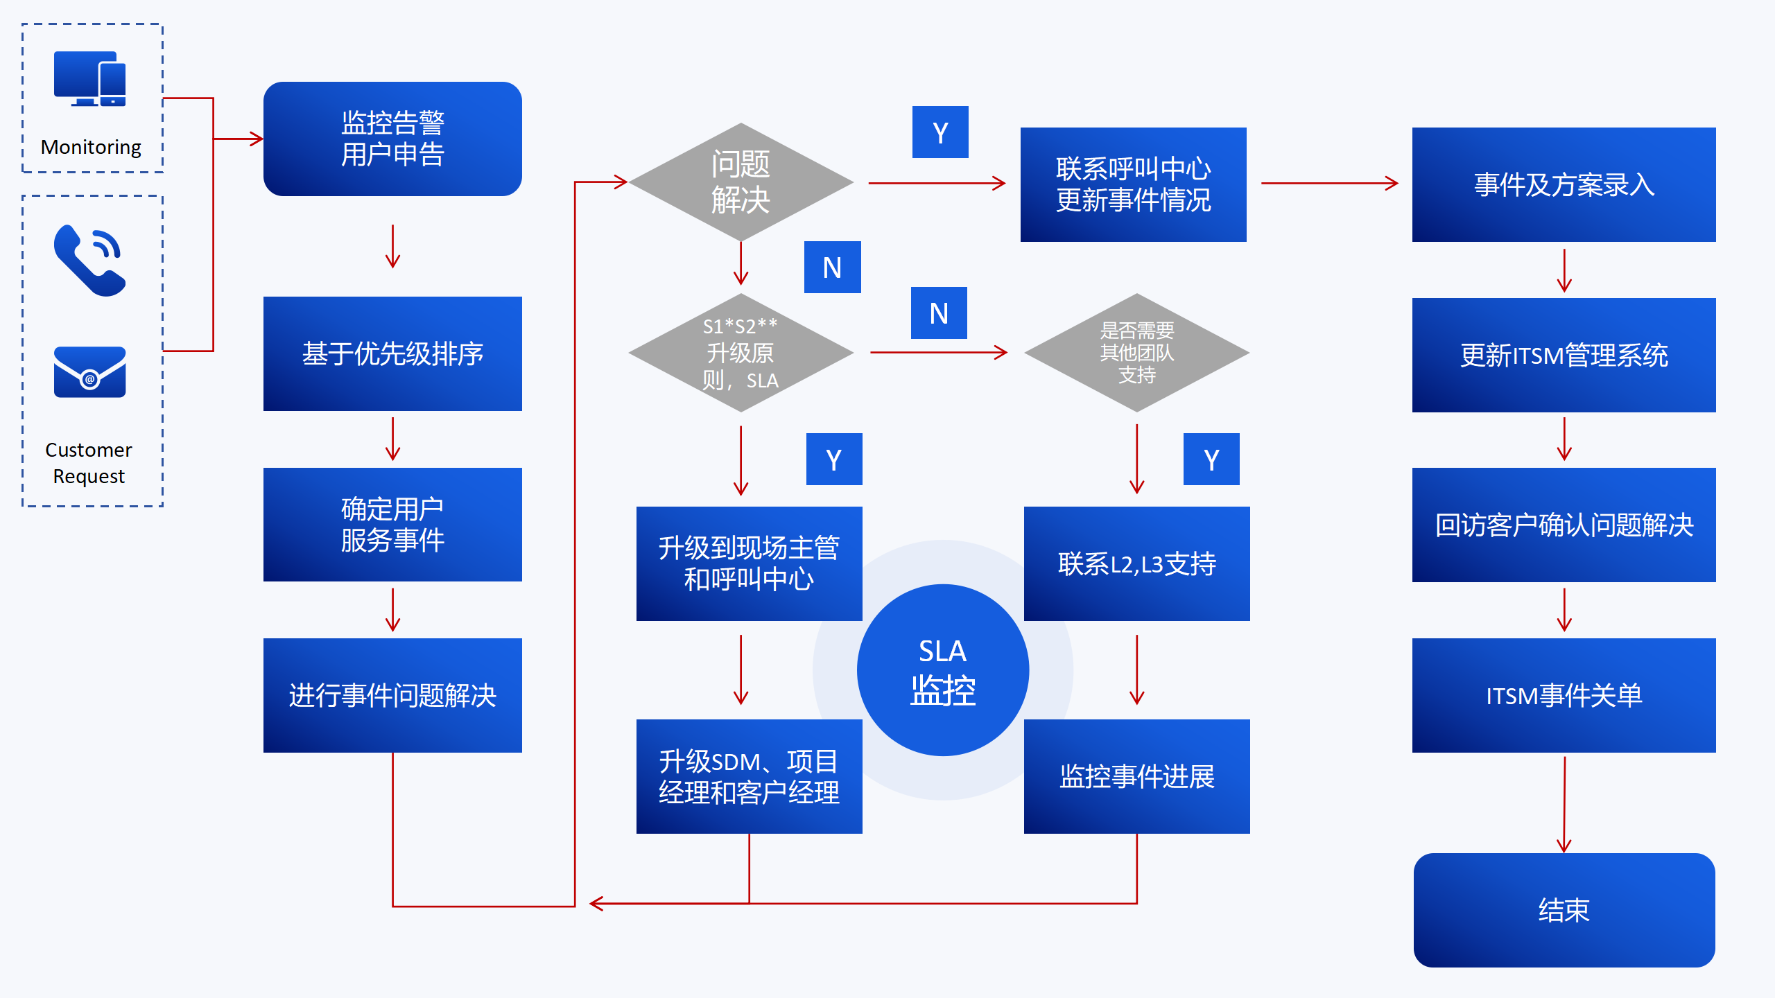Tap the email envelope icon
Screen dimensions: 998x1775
click(90, 372)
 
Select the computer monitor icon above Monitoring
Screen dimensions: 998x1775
click(90, 78)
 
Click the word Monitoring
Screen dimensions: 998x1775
click(91, 147)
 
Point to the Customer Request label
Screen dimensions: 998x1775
click(89, 463)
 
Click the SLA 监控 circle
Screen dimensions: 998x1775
click(942, 670)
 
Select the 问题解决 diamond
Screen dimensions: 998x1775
click(741, 182)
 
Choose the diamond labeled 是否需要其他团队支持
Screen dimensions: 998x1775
click(1136, 353)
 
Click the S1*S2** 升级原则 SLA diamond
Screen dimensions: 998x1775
click(741, 353)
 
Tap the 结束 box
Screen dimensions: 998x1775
click(1564, 910)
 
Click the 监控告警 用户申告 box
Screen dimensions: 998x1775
click(392, 139)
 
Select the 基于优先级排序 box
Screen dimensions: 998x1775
click(392, 353)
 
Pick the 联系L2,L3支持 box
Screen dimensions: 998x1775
click(1136, 563)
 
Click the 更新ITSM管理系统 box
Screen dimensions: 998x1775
click(1564, 355)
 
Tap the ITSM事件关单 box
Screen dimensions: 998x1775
click(1564, 695)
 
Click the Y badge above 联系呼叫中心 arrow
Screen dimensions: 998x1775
click(940, 132)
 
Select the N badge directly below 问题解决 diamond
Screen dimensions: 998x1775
click(832, 268)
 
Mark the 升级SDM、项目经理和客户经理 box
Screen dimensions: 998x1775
click(749, 776)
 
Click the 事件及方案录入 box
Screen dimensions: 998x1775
click(1564, 184)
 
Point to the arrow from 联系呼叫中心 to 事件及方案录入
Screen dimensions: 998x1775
click(1329, 184)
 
